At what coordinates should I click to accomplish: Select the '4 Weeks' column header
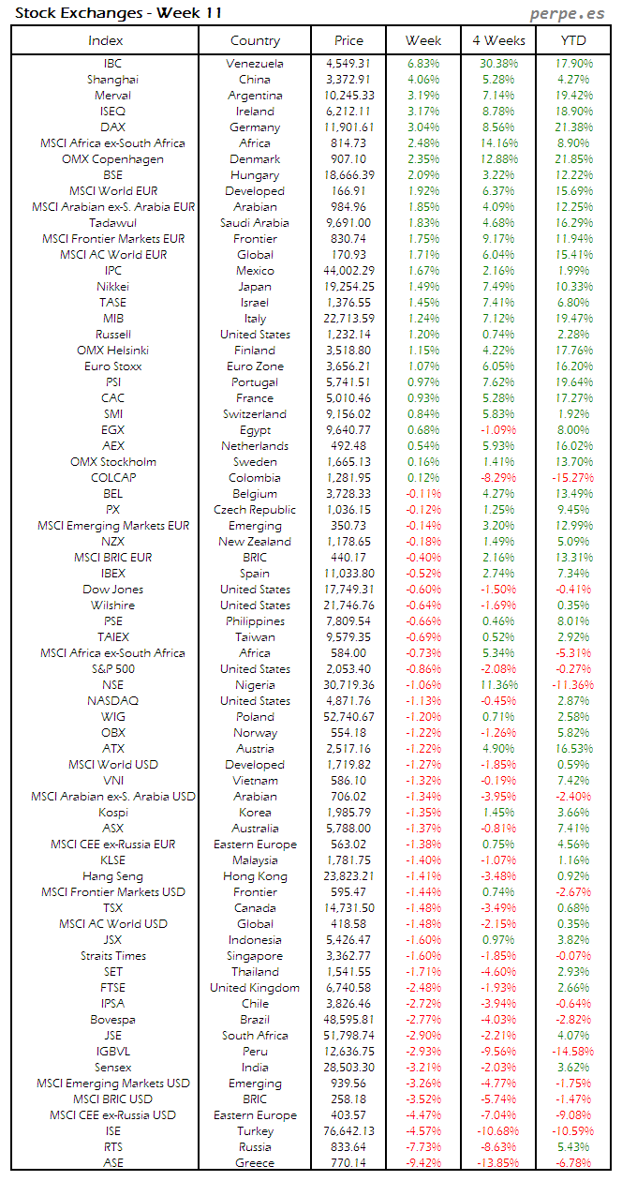(498, 40)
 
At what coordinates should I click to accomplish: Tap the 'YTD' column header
(573, 40)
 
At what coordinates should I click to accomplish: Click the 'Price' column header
(348, 40)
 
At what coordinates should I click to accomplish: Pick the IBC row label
(112, 64)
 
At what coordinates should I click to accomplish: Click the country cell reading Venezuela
(255, 64)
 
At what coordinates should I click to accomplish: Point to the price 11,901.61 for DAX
(348, 127)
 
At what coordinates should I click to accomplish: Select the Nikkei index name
(112, 287)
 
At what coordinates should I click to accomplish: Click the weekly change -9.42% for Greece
(422, 1163)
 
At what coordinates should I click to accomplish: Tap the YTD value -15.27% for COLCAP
(572, 478)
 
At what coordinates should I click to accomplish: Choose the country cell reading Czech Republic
(255, 510)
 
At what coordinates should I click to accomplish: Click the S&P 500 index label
(112, 669)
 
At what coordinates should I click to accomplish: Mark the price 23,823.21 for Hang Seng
(348, 876)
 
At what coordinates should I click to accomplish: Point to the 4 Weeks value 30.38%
(497, 64)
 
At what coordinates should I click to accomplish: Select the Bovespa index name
(112, 1020)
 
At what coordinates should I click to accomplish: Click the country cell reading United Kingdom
(255, 988)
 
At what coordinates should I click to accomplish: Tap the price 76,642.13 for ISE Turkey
(348, 1131)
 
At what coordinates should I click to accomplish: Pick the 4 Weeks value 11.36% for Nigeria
(497, 685)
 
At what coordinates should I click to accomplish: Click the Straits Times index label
(112, 956)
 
